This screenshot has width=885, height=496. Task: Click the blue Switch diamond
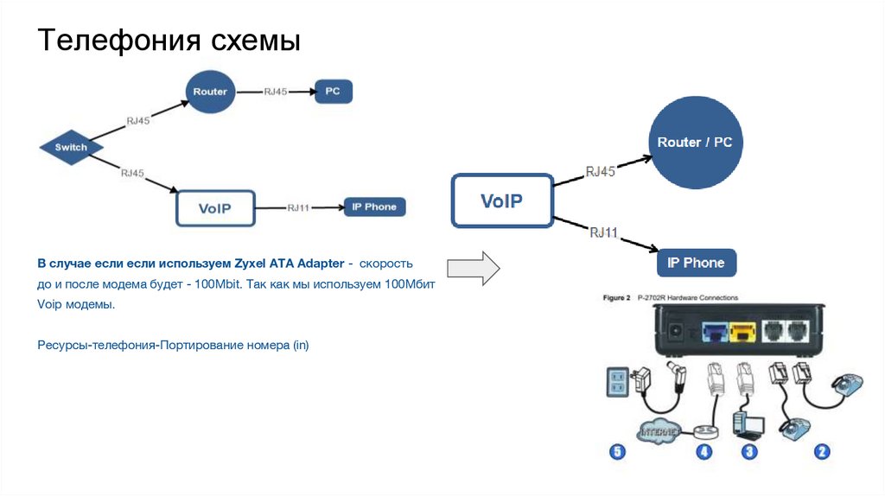click(x=71, y=147)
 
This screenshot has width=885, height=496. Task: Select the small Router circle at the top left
click(x=210, y=91)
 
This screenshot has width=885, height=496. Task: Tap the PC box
click(x=333, y=91)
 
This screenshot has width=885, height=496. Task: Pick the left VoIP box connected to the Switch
click(x=215, y=207)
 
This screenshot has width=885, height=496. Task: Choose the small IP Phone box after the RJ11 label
click(x=374, y=207)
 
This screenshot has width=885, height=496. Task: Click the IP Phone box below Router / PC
click(x=696, y=263)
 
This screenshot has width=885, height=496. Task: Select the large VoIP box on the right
click(x=501, y=201)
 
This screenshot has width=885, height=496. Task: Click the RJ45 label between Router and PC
click(x=274, y=91)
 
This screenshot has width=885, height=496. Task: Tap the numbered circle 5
click(x=616, y=451)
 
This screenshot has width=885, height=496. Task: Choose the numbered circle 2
click(x=822, y=451)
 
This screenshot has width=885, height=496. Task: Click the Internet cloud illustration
click(x=663, y=428)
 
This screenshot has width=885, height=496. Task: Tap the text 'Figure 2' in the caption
click(x=615, y=297)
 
